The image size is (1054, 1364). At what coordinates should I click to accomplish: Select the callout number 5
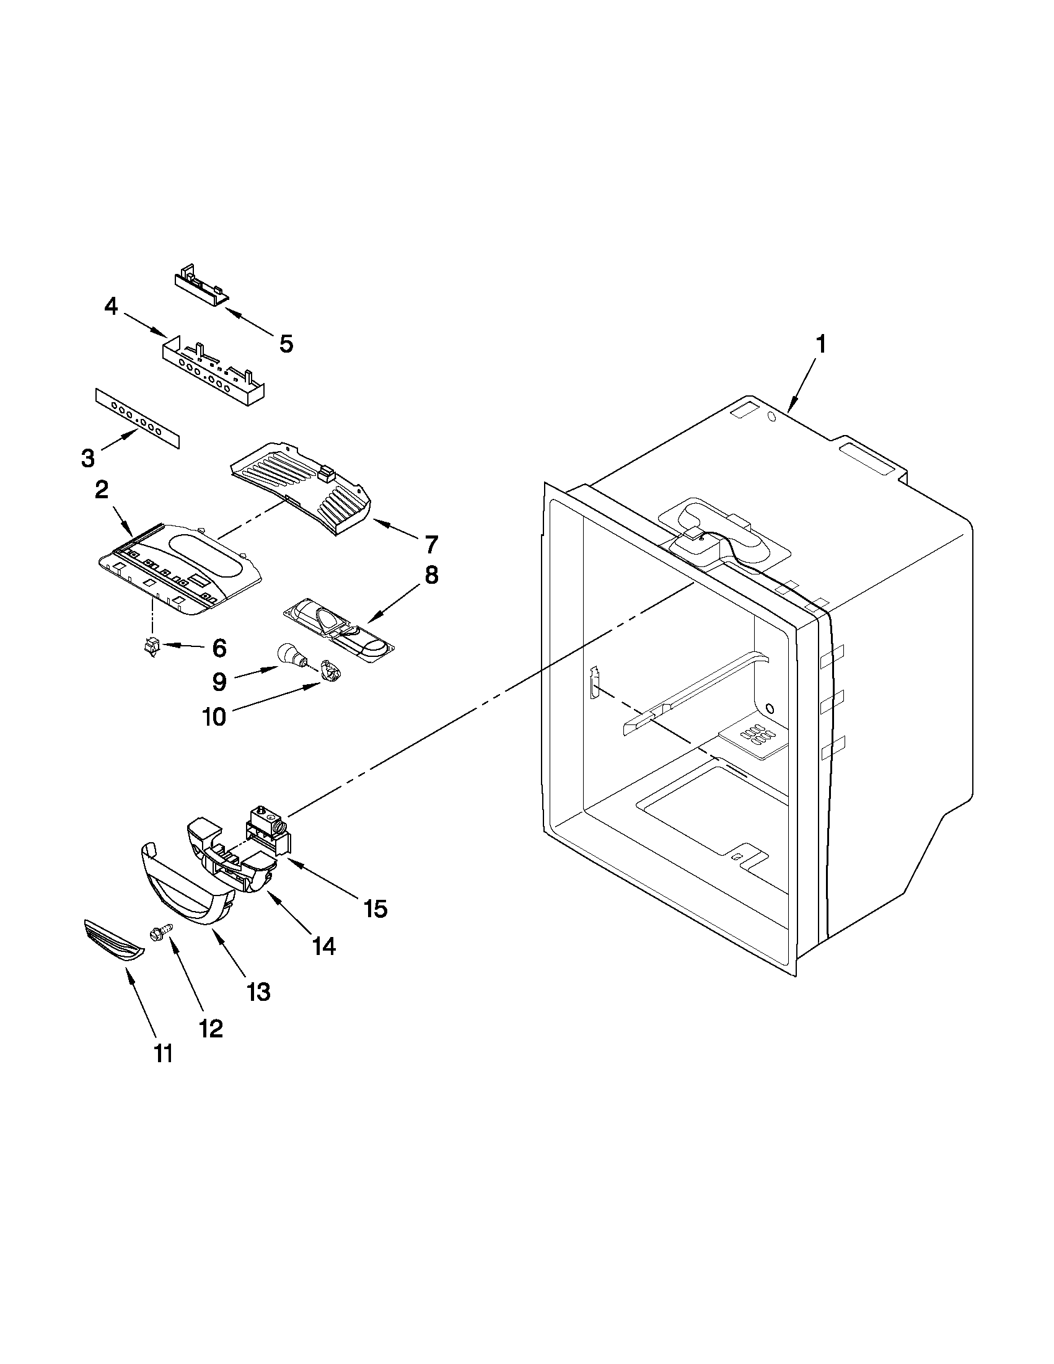[286, 343]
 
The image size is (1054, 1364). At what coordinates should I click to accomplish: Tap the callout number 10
[214, 716]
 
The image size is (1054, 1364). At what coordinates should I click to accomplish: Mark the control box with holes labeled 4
[213, 372]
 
